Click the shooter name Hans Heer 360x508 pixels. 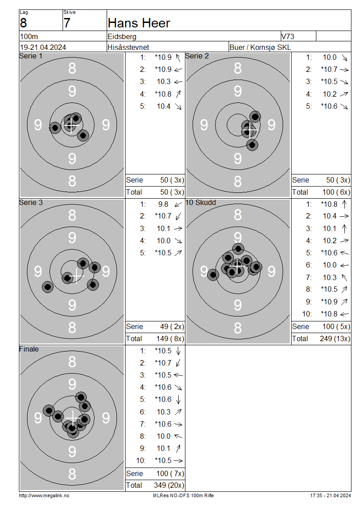[139, 23]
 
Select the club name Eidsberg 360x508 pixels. [122, 36]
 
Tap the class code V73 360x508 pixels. [288, 36]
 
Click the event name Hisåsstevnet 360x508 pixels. [128, 47]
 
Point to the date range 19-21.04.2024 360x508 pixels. [43, 47]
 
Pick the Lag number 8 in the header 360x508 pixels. [23, 23]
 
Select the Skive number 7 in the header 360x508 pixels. [67, 23]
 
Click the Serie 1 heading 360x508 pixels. [31, 56]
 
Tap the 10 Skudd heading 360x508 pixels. [200, 202]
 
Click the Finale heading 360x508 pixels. [29, 349]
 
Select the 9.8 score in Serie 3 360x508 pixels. [163, 205]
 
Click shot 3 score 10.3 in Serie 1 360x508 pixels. [164, 82]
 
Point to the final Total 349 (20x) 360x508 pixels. [169, 486]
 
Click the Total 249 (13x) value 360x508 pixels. [335, 339]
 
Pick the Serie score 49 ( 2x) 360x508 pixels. [172, 326]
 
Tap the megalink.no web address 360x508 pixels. [44, 495]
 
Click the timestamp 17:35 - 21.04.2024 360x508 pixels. [330, 495]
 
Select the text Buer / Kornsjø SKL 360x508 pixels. [260, 47]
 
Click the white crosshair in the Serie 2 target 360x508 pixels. [250, 130]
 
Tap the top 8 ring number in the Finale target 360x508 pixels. [72, 361]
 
